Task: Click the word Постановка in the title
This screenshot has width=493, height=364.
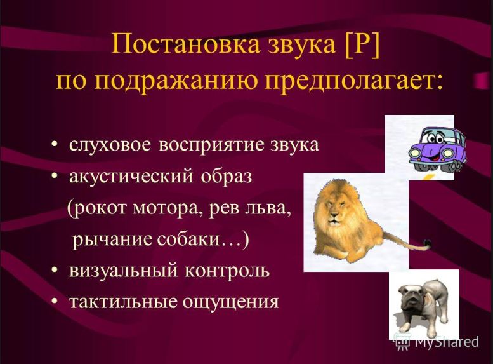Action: [186, 44]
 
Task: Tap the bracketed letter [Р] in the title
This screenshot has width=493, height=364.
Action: [362, 46]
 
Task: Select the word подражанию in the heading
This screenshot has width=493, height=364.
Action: [178, 81]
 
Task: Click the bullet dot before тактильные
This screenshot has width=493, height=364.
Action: [55, 301]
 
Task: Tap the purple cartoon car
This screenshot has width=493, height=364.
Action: [437, 147]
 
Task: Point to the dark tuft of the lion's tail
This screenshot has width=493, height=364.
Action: [427, 243]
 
